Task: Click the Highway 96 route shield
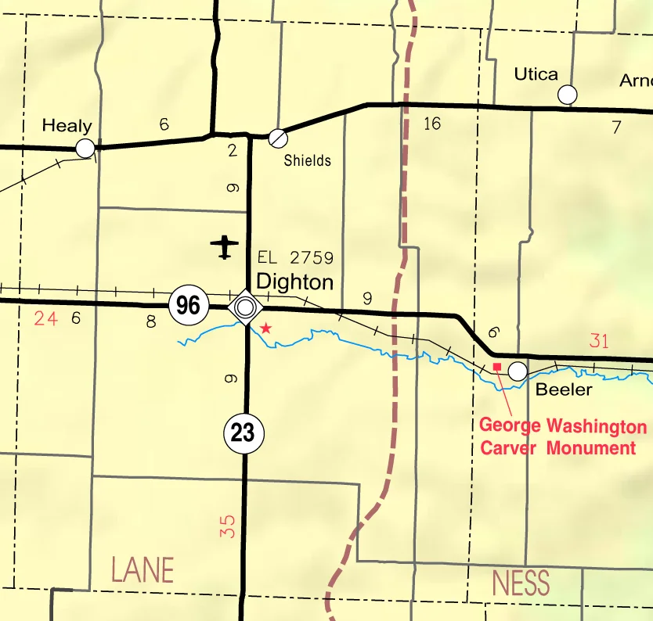tap(188, 305)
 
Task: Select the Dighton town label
tap(294, 282)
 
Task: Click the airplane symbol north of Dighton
tap(225, 246)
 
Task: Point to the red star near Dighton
tap(266, 328)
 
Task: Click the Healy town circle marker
tap(85, 148)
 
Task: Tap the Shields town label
tap(307, 160)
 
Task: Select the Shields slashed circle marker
tap(277, 138)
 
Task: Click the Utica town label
tap(536, 74)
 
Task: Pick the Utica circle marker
tap(568, 95)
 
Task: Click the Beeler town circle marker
tap(518, 371)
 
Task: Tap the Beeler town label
tap(564, 389)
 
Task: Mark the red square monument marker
tap(496, 366)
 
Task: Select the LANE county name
tap(142, 570)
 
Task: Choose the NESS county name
tap(521, 583)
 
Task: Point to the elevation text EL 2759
tap(295, 257)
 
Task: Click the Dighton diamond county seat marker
tap(245, 306)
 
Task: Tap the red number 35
tap(228, 526)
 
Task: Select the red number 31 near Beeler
tap(598, 341)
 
